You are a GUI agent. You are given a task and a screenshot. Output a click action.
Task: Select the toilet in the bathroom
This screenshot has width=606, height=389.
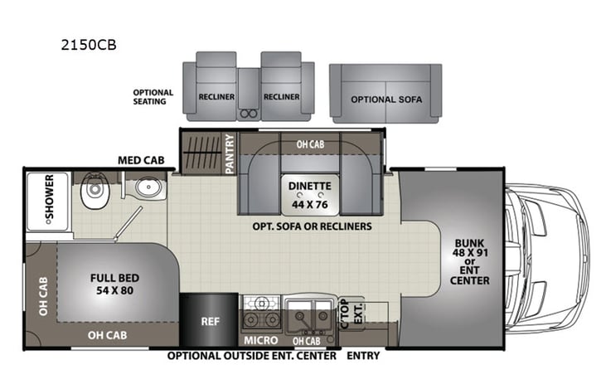point(92,195)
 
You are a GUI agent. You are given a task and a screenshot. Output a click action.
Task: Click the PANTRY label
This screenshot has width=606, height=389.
point(230,153)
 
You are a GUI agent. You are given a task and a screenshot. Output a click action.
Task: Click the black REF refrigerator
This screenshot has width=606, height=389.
point(208,318)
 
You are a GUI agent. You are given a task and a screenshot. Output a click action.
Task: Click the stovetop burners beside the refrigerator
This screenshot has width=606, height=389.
point(261,317)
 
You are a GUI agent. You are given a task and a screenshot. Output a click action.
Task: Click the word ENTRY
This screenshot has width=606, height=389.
point(363,356)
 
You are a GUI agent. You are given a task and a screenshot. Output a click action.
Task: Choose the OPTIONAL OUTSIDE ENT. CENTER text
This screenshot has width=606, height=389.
point(252,356)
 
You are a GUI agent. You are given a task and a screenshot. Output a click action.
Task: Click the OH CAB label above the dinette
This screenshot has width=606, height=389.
point(309,143)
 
